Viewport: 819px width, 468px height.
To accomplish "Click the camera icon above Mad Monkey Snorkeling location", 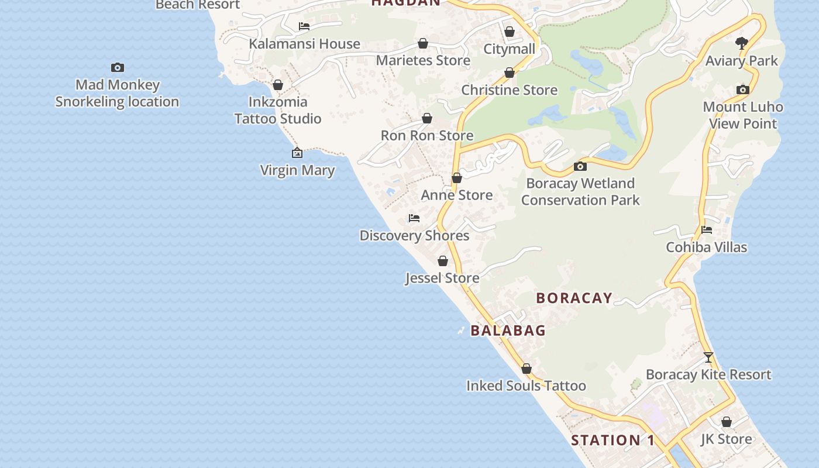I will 118,68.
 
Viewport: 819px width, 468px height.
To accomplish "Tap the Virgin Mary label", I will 297,170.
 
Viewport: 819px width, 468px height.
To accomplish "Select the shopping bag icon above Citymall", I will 510,32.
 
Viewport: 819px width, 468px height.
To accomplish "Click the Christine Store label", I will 509,90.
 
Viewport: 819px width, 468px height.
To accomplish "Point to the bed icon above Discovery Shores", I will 414,218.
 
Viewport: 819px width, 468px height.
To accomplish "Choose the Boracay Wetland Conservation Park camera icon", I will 580,167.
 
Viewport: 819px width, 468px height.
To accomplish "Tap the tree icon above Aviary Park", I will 742,43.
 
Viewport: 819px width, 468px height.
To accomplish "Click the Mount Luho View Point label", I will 742,115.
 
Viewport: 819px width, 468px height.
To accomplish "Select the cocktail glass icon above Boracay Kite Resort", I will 708,357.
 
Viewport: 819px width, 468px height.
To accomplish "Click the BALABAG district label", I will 508,331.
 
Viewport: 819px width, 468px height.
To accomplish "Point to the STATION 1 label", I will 612,440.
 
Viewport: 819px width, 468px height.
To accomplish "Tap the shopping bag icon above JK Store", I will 727,422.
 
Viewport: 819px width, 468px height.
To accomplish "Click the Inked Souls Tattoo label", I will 526,386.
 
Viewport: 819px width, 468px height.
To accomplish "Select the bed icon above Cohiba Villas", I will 707,230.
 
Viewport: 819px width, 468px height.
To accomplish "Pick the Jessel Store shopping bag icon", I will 443,261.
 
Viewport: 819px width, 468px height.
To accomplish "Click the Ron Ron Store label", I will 427,136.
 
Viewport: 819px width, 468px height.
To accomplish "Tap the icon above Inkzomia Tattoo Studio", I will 278,85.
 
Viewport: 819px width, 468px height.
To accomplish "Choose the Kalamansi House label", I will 304,44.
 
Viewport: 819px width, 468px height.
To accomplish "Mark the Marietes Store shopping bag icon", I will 423,44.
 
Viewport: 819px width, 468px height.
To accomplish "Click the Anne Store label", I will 457,195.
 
